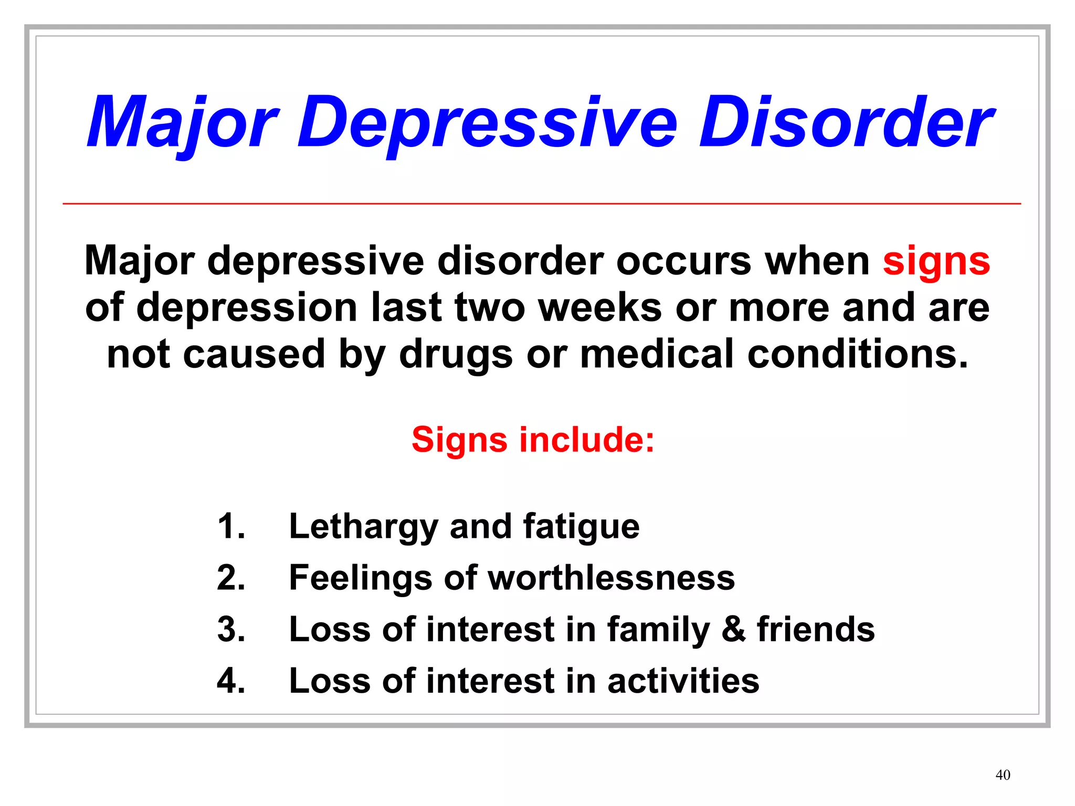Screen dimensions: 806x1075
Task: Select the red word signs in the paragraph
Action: (x=936, y=261)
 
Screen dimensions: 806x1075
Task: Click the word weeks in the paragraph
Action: (x=600, y=307)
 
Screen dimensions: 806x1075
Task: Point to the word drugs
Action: (x=456, y=355)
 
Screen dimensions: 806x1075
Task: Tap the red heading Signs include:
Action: (x=533, y=439)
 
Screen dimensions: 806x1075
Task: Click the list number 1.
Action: (x=231, y=526)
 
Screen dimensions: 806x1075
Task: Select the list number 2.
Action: (x=231, y=578)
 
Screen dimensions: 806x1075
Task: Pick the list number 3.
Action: (x=231, y=629)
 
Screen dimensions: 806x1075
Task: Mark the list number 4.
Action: (x=231, y=681)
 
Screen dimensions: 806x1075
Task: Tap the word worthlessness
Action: (x=612, y=578)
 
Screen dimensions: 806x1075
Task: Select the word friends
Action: (x=816, y=629)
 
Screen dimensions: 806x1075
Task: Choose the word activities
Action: (x=683, y=681)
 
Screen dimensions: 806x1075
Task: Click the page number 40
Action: (x=1003, y=775)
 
